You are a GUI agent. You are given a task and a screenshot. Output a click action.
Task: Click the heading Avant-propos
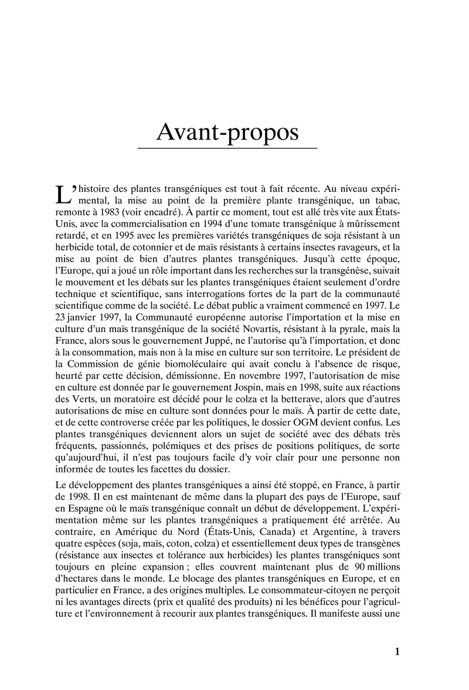(227, 133)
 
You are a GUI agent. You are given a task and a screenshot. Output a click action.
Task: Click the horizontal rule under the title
(227, 148)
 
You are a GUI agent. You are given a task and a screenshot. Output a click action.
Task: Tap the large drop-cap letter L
(61, 194)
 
